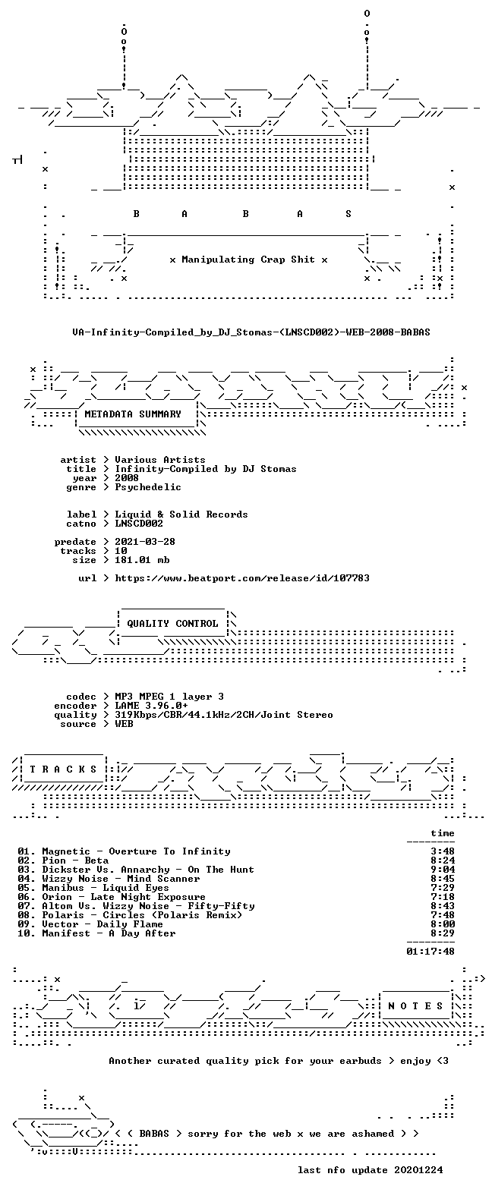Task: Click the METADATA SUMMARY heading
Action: tap(133, 414)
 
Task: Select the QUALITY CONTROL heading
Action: tap(172, 623)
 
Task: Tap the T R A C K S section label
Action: tap(63, 769)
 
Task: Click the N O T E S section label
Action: tap(415, 1005)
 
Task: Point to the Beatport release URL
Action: tap(242, 578)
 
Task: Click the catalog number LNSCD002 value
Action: tap(139, 523)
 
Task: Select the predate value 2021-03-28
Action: tap(145, 542)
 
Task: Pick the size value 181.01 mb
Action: tap(142, 560)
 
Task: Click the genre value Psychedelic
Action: tap(148, 486)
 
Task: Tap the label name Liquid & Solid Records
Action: tap(181, 514)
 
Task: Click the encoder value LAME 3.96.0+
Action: tap(151, 705)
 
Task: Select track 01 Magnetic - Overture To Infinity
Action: tap(124, 851)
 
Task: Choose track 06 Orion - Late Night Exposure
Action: tap(112, 897)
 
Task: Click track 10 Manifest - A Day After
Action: tap(96, 933)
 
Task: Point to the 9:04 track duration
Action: tap(443, 870)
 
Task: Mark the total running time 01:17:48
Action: tap(430, 951)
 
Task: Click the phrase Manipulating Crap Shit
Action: tap(248, 260)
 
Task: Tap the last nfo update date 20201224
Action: tap(418, 1170)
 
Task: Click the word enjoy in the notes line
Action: tap(415, 1060)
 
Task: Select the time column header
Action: tap(443, 832)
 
